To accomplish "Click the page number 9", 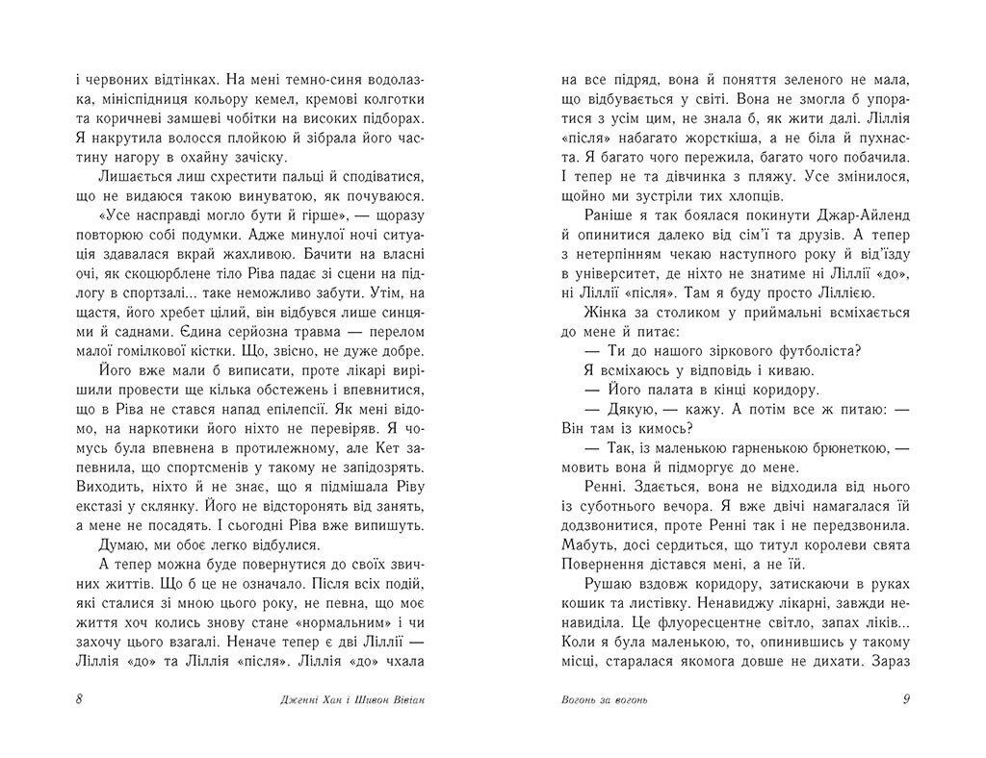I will click(906, 699).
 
